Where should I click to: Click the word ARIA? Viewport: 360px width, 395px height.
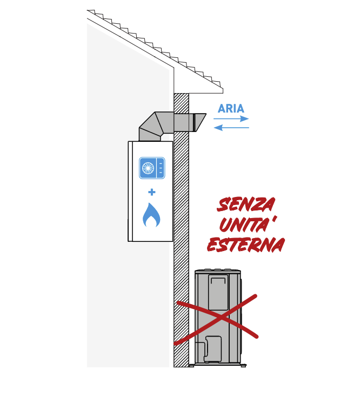point(231,109)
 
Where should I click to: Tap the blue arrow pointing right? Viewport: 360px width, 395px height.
point(231,119)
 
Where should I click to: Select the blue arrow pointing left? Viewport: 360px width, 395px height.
point(231,128)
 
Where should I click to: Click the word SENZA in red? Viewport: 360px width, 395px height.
point(246,205)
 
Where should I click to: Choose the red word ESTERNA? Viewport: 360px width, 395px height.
point(246,245)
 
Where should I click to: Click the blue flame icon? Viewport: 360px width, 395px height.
point(151,215)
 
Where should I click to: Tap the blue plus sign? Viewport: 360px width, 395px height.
point(152,192)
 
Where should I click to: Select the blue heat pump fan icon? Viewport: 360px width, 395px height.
point(152,168)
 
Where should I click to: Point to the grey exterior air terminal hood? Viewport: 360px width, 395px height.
point(197,123)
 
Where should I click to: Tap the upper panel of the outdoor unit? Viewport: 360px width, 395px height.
point(218,292)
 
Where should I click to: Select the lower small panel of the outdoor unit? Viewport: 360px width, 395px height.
point(213,349)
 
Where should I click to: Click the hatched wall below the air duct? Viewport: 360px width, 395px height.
point(181,249)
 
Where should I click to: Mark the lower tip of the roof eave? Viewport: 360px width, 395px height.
point(223,93)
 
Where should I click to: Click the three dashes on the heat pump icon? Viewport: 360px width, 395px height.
point(161,168)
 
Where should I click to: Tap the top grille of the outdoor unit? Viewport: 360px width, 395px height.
point(218,271)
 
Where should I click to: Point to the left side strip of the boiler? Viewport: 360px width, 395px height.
point(130,191)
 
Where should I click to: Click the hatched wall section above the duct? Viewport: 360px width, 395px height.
point(181,102)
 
